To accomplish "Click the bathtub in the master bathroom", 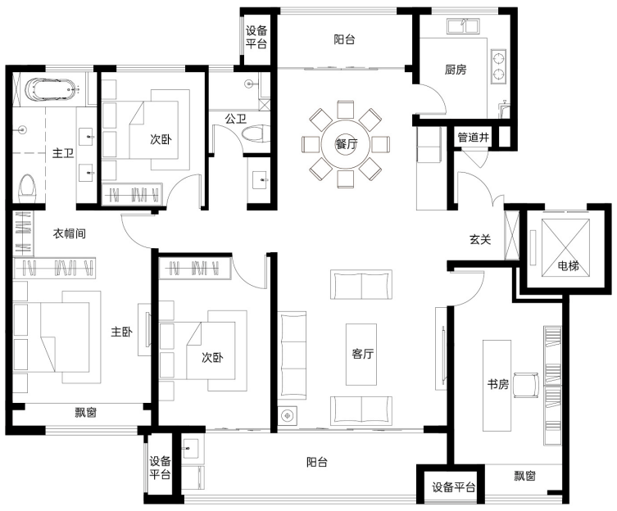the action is [x=52, y=90].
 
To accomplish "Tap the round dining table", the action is [x=346, y=143].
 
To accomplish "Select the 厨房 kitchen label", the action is [x=456, y=70].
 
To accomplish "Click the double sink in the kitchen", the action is [x=462, y=26].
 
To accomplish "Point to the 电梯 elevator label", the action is [x=568, y=266].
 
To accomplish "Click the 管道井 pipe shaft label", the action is [x=474, y=138].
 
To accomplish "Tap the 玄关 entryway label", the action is [x=480, y=239].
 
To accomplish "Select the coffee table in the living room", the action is [x=361, y=354].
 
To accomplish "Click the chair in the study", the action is [x=526, y=384].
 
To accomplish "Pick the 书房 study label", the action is [x=498, y=384].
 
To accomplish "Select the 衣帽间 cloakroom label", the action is [x=70, y=233].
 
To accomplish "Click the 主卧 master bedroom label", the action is [x=121, y=332].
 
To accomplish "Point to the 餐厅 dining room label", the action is [x=347, y=144].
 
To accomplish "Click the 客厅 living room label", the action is [x=362, y=354].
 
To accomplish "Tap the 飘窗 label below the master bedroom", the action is [x=86, y=413].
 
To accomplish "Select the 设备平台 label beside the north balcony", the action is [x=256, y=37].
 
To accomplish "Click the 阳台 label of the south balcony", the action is [x=317, y=462].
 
